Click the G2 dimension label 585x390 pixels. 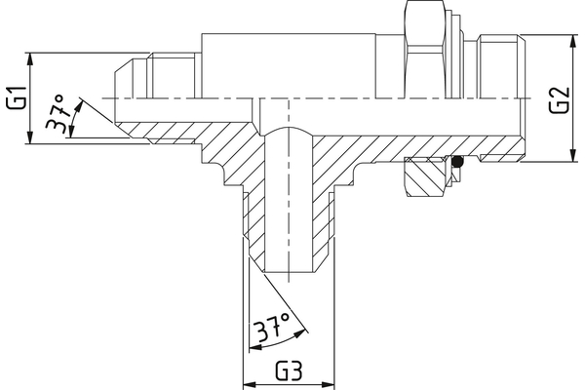point(558,98)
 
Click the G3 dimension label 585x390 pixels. point(289,371)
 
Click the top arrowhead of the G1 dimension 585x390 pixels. point(32,57)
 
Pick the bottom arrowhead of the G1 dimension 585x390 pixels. point(32,139)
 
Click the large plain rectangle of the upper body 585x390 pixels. point(290,63)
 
